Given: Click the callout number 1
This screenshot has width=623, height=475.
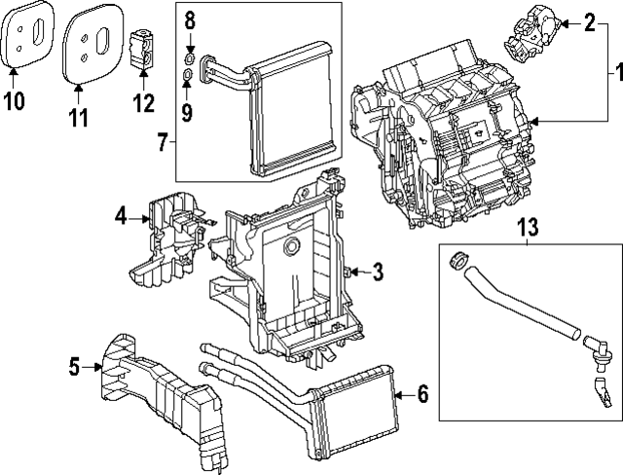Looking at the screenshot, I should pos(613,72).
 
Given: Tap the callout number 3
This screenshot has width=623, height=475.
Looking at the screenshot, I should pos(378,271).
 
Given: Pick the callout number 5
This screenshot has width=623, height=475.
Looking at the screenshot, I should pos(74,366).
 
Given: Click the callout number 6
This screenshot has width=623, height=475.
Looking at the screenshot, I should pos(421,394).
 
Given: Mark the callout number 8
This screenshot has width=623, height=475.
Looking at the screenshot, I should pos(190,20).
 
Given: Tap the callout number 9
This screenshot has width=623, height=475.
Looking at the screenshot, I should pos(186,112).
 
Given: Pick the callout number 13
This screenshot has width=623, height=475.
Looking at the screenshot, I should pos(527,227).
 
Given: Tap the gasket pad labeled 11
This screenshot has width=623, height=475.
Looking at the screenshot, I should pos(92,41).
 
